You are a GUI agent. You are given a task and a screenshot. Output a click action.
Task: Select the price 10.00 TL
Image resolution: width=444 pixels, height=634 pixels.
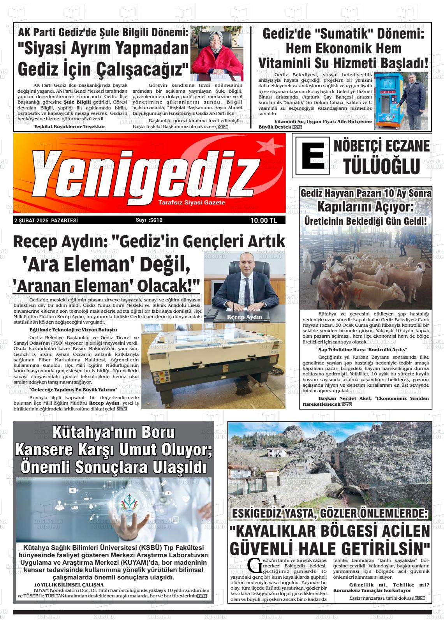(263, 220)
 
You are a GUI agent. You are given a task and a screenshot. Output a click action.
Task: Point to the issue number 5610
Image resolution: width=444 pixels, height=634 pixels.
(155, 220)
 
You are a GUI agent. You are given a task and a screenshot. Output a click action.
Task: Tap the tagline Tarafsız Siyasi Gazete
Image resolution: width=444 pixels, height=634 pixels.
(192, 203)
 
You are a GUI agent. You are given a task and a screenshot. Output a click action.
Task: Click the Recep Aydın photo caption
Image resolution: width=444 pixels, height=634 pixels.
(245, 317)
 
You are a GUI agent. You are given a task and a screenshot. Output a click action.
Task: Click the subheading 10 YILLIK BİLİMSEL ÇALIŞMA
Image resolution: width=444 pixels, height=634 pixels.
(69, 585)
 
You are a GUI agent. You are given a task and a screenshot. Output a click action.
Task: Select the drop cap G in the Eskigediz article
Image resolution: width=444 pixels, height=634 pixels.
(254, 564)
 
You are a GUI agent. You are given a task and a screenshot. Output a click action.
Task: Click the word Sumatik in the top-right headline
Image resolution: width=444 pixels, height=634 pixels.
(340, 33)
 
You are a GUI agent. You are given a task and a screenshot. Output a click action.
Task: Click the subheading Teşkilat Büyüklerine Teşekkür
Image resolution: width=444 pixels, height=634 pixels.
(69, 127)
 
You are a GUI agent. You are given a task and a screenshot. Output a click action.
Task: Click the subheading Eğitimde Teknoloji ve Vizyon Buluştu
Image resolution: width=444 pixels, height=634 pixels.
(73, 329)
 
